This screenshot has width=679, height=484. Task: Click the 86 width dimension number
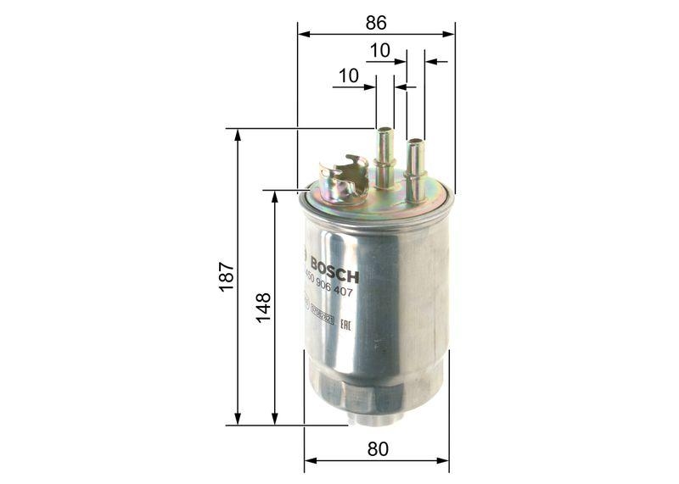coord(376,24)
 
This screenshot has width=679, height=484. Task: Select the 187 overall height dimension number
coord(226,277)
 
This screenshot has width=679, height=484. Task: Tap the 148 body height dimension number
coord(263,307)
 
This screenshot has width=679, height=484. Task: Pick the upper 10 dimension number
coord(379,51)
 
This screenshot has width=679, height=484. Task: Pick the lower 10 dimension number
coord(347,75)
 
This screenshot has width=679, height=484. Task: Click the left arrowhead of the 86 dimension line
coord(303,35)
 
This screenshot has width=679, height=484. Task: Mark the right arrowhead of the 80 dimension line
coord(444,461)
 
